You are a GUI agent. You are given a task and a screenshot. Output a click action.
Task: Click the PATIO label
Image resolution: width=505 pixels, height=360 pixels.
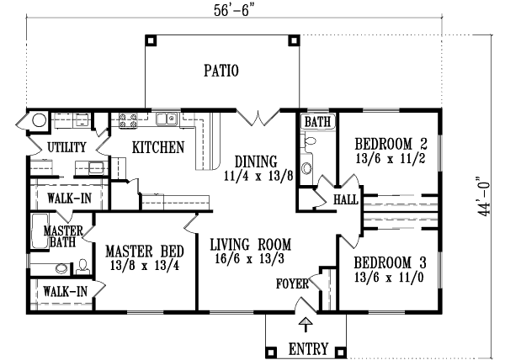point(221,71)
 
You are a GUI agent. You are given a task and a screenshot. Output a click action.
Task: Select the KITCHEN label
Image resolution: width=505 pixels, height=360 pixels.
point(158,148)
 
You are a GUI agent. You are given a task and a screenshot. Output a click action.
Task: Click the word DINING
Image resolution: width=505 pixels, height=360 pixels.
point(254,161)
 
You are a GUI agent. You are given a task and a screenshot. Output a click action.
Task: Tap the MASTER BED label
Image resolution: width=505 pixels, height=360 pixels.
point(145,251)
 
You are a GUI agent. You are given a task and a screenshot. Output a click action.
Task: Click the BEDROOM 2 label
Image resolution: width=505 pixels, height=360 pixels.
point(391,142)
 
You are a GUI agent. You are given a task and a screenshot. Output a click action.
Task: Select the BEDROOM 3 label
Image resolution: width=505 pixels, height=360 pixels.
point(391,261)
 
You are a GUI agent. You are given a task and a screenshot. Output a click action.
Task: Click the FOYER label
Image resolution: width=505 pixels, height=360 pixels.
point(294,283)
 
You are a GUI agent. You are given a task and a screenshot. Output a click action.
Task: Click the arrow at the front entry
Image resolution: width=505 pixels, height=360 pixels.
point(305,325)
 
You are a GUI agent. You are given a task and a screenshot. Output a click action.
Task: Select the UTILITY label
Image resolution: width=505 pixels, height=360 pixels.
point(66,148)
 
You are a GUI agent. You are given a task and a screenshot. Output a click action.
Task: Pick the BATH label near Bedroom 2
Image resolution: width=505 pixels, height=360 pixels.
point(317,123)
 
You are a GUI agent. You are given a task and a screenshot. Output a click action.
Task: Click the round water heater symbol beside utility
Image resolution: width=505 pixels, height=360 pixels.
point(38,121)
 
